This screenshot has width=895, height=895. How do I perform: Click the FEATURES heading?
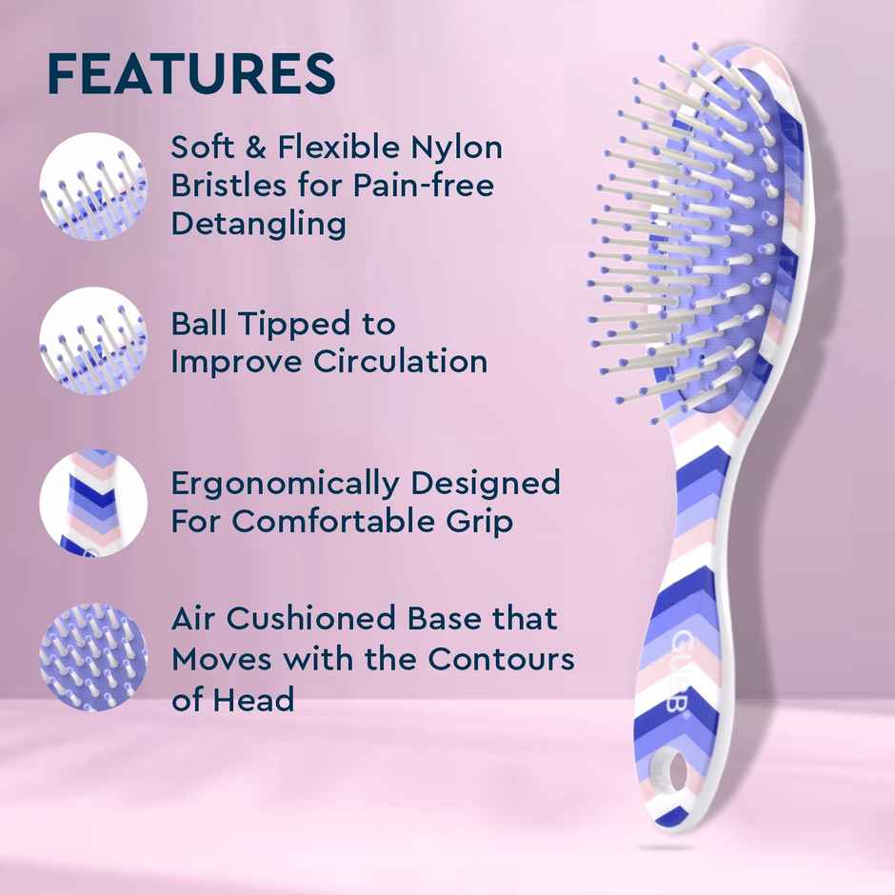[190, 74]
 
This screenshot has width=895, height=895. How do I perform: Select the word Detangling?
[258, 225]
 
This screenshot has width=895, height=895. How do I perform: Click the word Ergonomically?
[285, 484]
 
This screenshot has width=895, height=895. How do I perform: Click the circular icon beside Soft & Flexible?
[92, 187]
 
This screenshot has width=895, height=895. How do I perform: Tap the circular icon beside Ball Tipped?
[92, 342]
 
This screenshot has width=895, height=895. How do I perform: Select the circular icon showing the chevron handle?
[92, 503]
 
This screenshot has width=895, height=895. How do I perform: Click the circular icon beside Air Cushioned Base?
[92, 657]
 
